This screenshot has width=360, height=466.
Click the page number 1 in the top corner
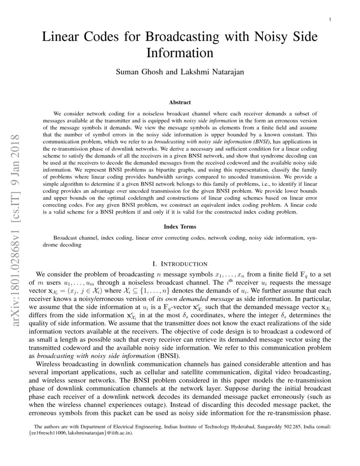tap(330, 19)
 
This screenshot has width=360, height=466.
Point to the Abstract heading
tap(180, 103)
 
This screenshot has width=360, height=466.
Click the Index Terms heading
tap(180, 227)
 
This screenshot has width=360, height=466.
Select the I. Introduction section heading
tap(180, 264)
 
